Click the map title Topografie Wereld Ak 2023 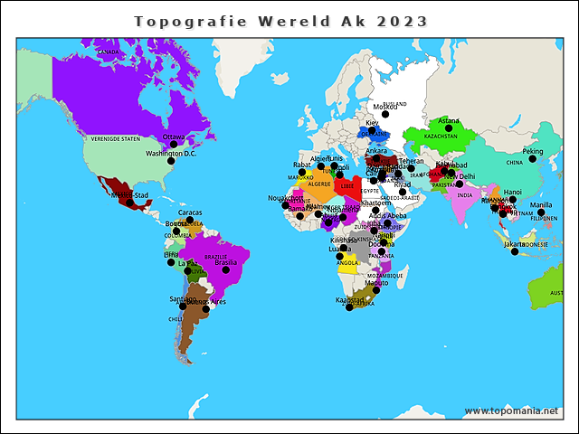coord(280,21)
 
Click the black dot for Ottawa coord(173,145)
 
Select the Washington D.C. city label coord(171,154)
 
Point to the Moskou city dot coord(384,114)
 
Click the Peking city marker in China coord(533,159)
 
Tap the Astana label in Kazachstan coord(449,121)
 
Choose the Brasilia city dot coord(226,269)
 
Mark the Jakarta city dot coord(515,251)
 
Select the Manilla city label coord(541,205)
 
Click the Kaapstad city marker coord(349,307)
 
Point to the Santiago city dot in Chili coord(183,307)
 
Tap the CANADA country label coord(108,52)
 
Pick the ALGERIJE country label coord(319,184)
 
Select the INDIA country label coord(464,195)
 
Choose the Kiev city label coord(372,123)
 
